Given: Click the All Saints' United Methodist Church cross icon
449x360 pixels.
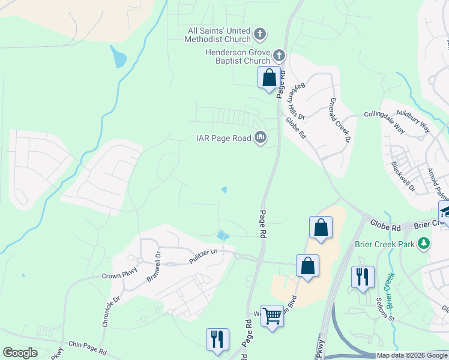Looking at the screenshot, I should point(260,34).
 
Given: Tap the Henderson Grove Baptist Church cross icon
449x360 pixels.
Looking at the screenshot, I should point(279,56).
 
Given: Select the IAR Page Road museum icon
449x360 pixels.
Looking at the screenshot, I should point(261,138).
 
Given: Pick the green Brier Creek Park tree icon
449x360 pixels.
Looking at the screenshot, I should point(425,243).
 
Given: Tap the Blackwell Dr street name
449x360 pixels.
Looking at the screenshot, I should point(403,176).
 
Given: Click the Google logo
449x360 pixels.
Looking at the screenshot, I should point(20,353).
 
